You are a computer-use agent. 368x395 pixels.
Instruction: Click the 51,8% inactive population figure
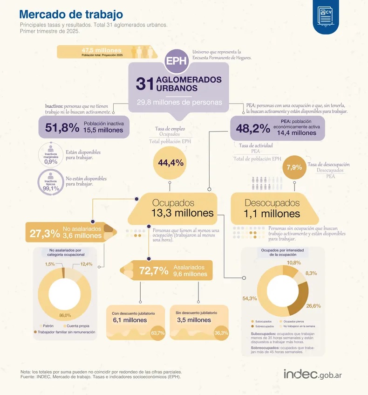62,127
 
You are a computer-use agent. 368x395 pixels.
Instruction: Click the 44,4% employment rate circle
170,163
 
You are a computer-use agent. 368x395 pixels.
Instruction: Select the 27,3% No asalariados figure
45,233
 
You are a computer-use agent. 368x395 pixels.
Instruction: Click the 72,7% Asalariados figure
154,270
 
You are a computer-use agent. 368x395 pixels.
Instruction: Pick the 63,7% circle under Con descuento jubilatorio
158,333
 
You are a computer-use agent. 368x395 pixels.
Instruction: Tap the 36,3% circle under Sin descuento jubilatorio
221,333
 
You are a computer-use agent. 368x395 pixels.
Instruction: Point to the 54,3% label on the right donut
250,298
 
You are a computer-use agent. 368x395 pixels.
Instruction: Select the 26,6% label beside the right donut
313,306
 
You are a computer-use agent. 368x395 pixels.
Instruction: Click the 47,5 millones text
102,50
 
